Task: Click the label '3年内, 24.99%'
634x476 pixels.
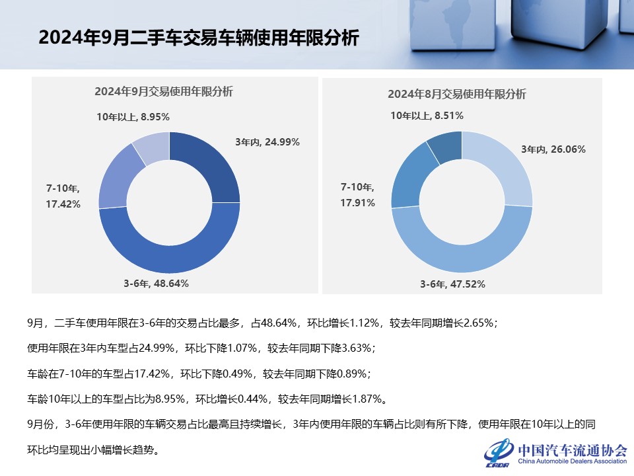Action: (x=267, y=141)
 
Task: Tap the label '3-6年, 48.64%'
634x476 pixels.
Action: (x=156, y=283)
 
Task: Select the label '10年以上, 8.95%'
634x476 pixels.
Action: (x=133, y=116)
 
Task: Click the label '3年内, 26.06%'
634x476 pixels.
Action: (x=553, y=149)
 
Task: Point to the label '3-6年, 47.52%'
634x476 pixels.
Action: (x=453, y=284)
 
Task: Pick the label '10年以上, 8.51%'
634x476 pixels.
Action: (x=427, y=115)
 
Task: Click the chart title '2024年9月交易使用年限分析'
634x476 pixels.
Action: (x=163, y=92)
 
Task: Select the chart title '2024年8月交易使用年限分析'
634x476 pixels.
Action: (x=457, y=94)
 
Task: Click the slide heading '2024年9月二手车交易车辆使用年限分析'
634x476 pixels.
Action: (x=198, y=38)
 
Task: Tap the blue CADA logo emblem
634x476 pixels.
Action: (x=499, y=453)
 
